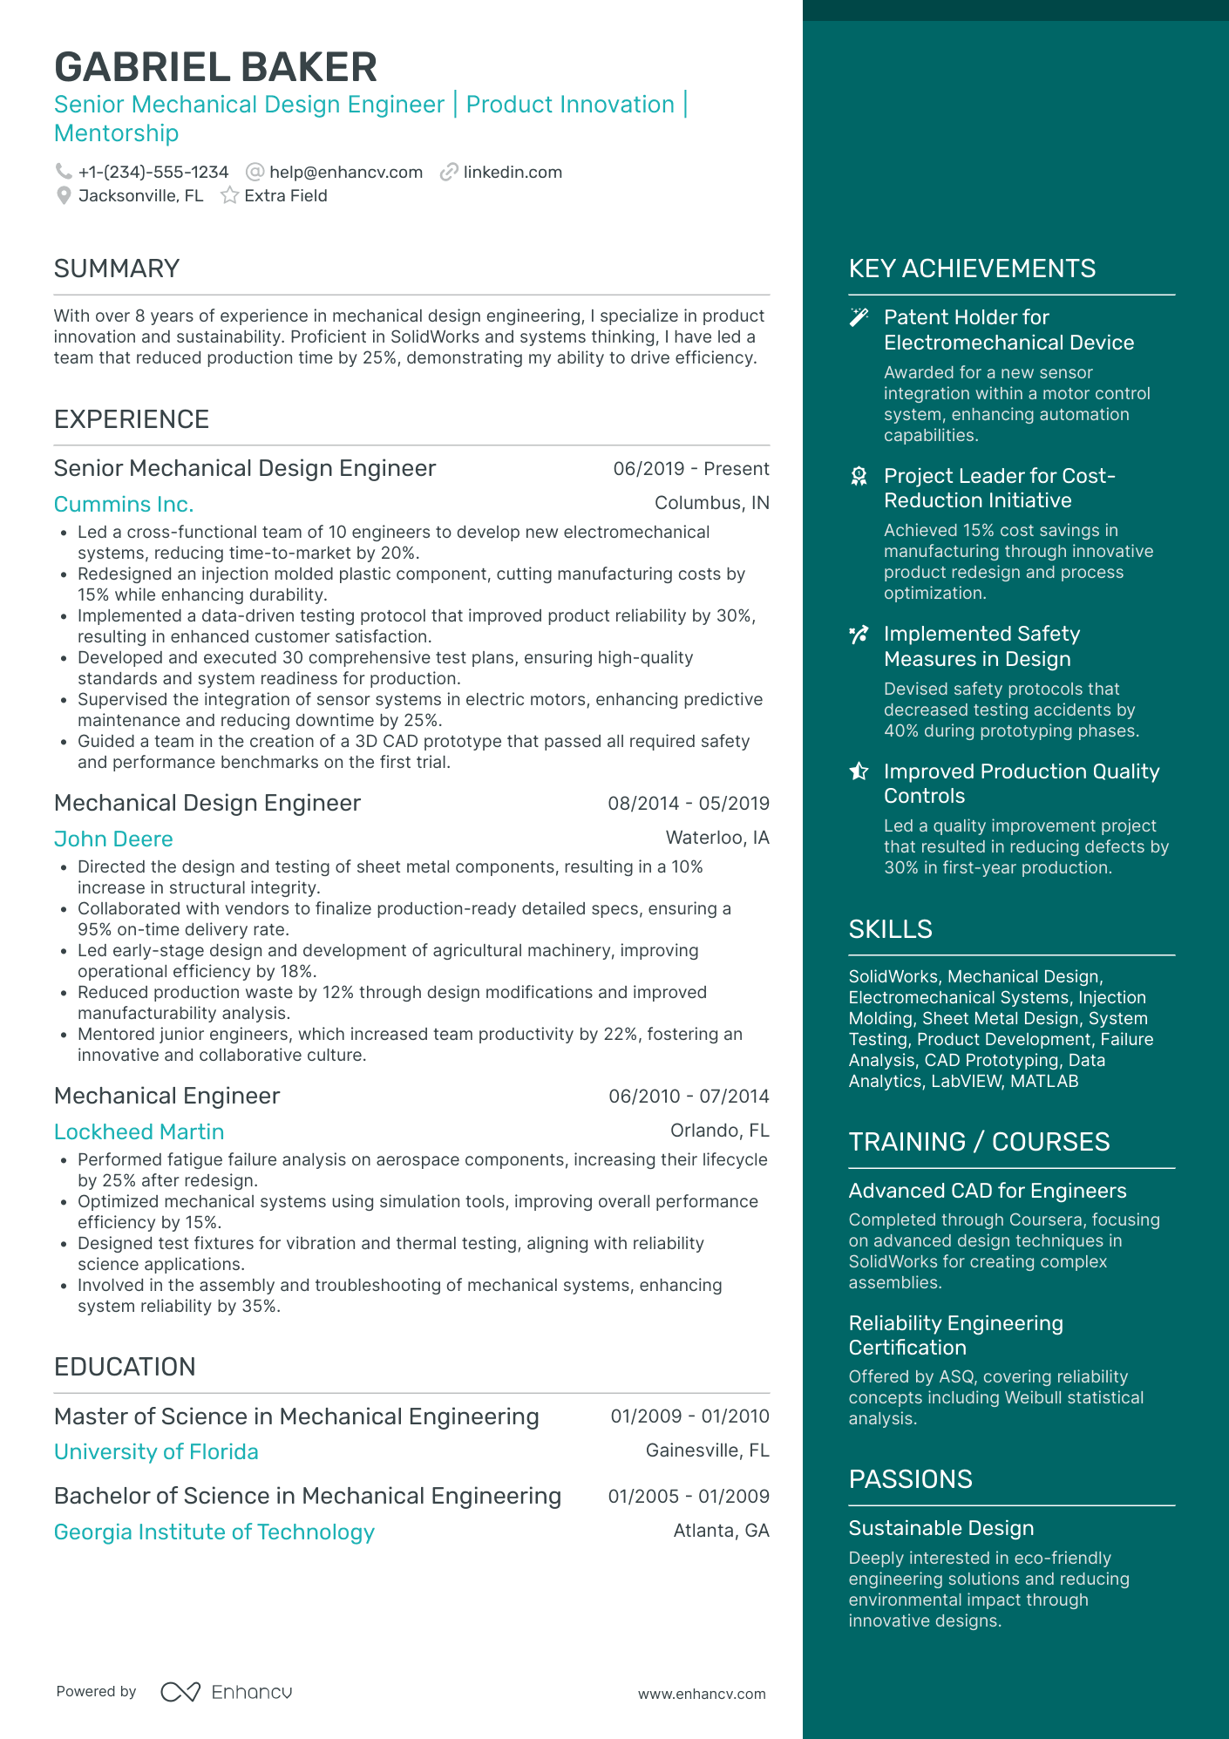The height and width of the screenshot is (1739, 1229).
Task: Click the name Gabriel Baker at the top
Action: point(215,67)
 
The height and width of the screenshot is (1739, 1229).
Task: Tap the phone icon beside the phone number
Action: point(64,172)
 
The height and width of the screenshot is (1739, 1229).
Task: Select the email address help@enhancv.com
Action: point(345,172)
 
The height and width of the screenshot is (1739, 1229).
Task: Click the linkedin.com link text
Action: point(513,172)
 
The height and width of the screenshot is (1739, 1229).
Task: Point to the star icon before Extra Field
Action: point(229,195)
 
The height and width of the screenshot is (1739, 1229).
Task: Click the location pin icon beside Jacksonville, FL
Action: point(64,195)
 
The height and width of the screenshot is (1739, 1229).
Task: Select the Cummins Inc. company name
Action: point(124,504)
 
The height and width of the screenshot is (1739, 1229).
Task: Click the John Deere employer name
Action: point(113,839)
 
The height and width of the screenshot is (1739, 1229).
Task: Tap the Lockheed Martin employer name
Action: point(139,1131)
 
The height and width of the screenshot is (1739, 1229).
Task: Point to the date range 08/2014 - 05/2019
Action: point(689,803)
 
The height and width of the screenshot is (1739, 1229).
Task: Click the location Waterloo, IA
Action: point(717,838)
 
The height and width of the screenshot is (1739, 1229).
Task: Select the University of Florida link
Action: point(156,1451)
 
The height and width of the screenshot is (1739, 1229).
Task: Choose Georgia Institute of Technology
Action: point(214,1532)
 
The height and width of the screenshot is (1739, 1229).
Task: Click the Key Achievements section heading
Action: point(972,268)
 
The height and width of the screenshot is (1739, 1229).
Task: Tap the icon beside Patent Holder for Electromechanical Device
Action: point(859,317)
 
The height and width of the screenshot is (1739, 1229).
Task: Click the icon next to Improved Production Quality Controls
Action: point(859,771)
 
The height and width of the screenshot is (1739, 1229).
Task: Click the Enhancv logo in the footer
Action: point(227,1692)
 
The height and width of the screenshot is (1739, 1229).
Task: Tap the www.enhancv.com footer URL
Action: point(702,1694)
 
